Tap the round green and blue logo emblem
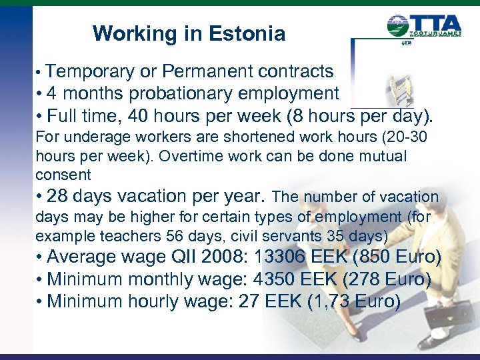click(399, 27)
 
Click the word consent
click(63, 175)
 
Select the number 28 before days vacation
click(59, 197)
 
